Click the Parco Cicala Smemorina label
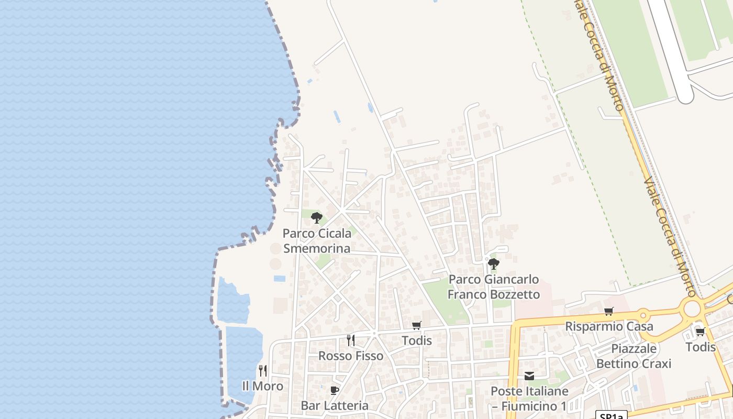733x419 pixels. (317, 240)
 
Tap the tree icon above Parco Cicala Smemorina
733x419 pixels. (316, 217)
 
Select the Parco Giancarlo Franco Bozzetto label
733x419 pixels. (493, 286)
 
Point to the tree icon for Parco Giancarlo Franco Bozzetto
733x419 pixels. (493, 263)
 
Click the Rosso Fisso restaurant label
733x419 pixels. (351, 356)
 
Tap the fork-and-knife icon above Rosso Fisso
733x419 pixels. (351, 340)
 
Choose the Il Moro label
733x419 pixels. (262, 386)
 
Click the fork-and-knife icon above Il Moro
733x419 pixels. (262, 371)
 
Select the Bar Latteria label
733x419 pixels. (335, 405)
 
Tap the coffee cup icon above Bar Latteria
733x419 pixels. (335, 390)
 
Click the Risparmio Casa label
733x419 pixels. (609, 326)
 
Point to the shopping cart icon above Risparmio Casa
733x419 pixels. (608, 312)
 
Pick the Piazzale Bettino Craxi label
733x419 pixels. (634, 356)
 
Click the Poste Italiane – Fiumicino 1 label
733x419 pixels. (529, 398)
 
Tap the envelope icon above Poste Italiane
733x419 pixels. (529, 376)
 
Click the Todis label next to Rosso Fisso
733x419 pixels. (417, 340)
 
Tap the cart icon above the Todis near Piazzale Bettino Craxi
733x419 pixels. (700, 332)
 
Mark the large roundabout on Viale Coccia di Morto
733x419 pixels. (692, 308)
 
